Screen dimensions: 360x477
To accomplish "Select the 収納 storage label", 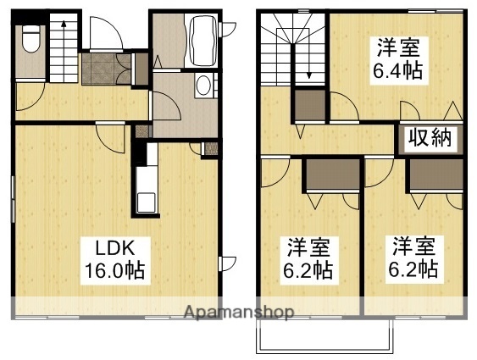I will [429, 138].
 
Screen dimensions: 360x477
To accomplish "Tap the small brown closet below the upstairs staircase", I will [309, 106].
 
